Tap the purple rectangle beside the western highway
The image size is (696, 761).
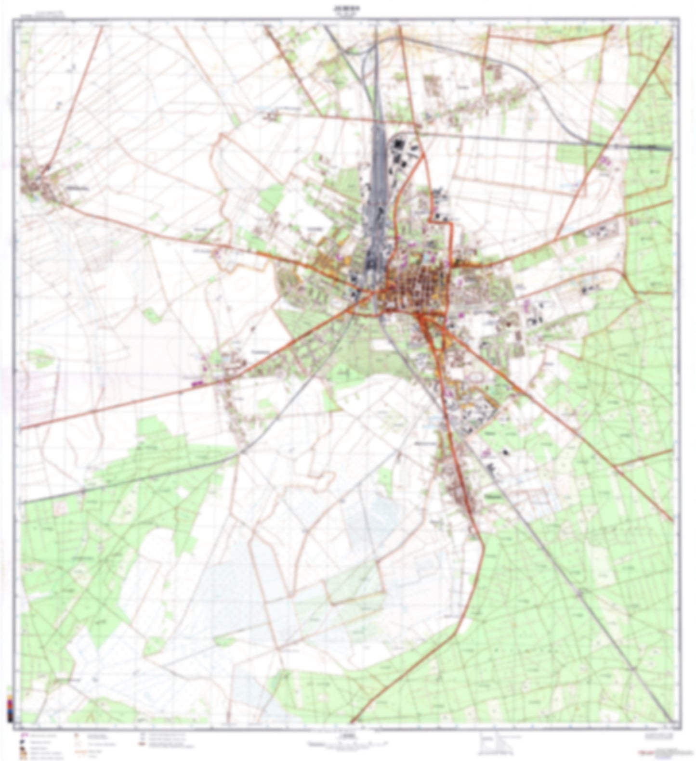(196, 383)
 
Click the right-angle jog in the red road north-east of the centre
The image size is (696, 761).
(436, 219)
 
